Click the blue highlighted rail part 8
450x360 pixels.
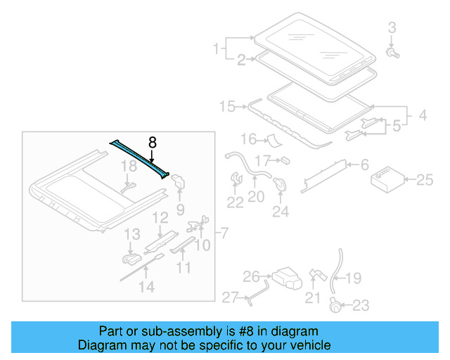click(x=140, y=157)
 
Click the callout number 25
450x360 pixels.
click(x=425, y=181)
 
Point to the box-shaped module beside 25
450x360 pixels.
click(x=386, y=179)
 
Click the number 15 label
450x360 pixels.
click(x=226, y=107)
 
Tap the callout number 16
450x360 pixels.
click(x=248, y=139)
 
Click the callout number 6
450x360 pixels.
click(x=364, y=165)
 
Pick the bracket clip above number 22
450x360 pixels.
click(x=236, y=179)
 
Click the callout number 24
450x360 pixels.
click(x=281, y=210)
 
